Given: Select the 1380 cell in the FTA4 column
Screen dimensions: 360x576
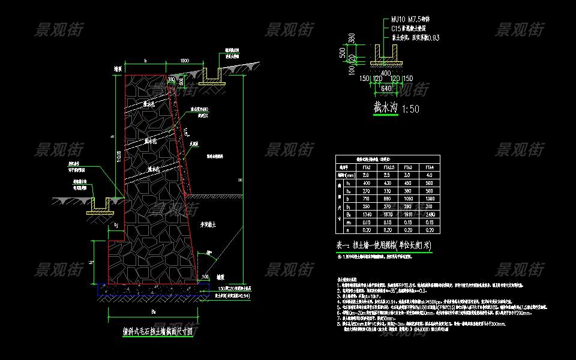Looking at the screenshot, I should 429,198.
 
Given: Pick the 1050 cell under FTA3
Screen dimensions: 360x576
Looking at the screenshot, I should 408,198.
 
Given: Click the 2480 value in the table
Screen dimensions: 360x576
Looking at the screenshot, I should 429,214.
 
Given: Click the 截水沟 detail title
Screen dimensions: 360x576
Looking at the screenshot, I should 386,108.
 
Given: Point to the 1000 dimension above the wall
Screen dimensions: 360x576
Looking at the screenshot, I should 184,61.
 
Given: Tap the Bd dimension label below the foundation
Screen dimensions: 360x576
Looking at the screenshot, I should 153,312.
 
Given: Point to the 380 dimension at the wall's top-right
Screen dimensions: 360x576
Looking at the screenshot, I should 172,79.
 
